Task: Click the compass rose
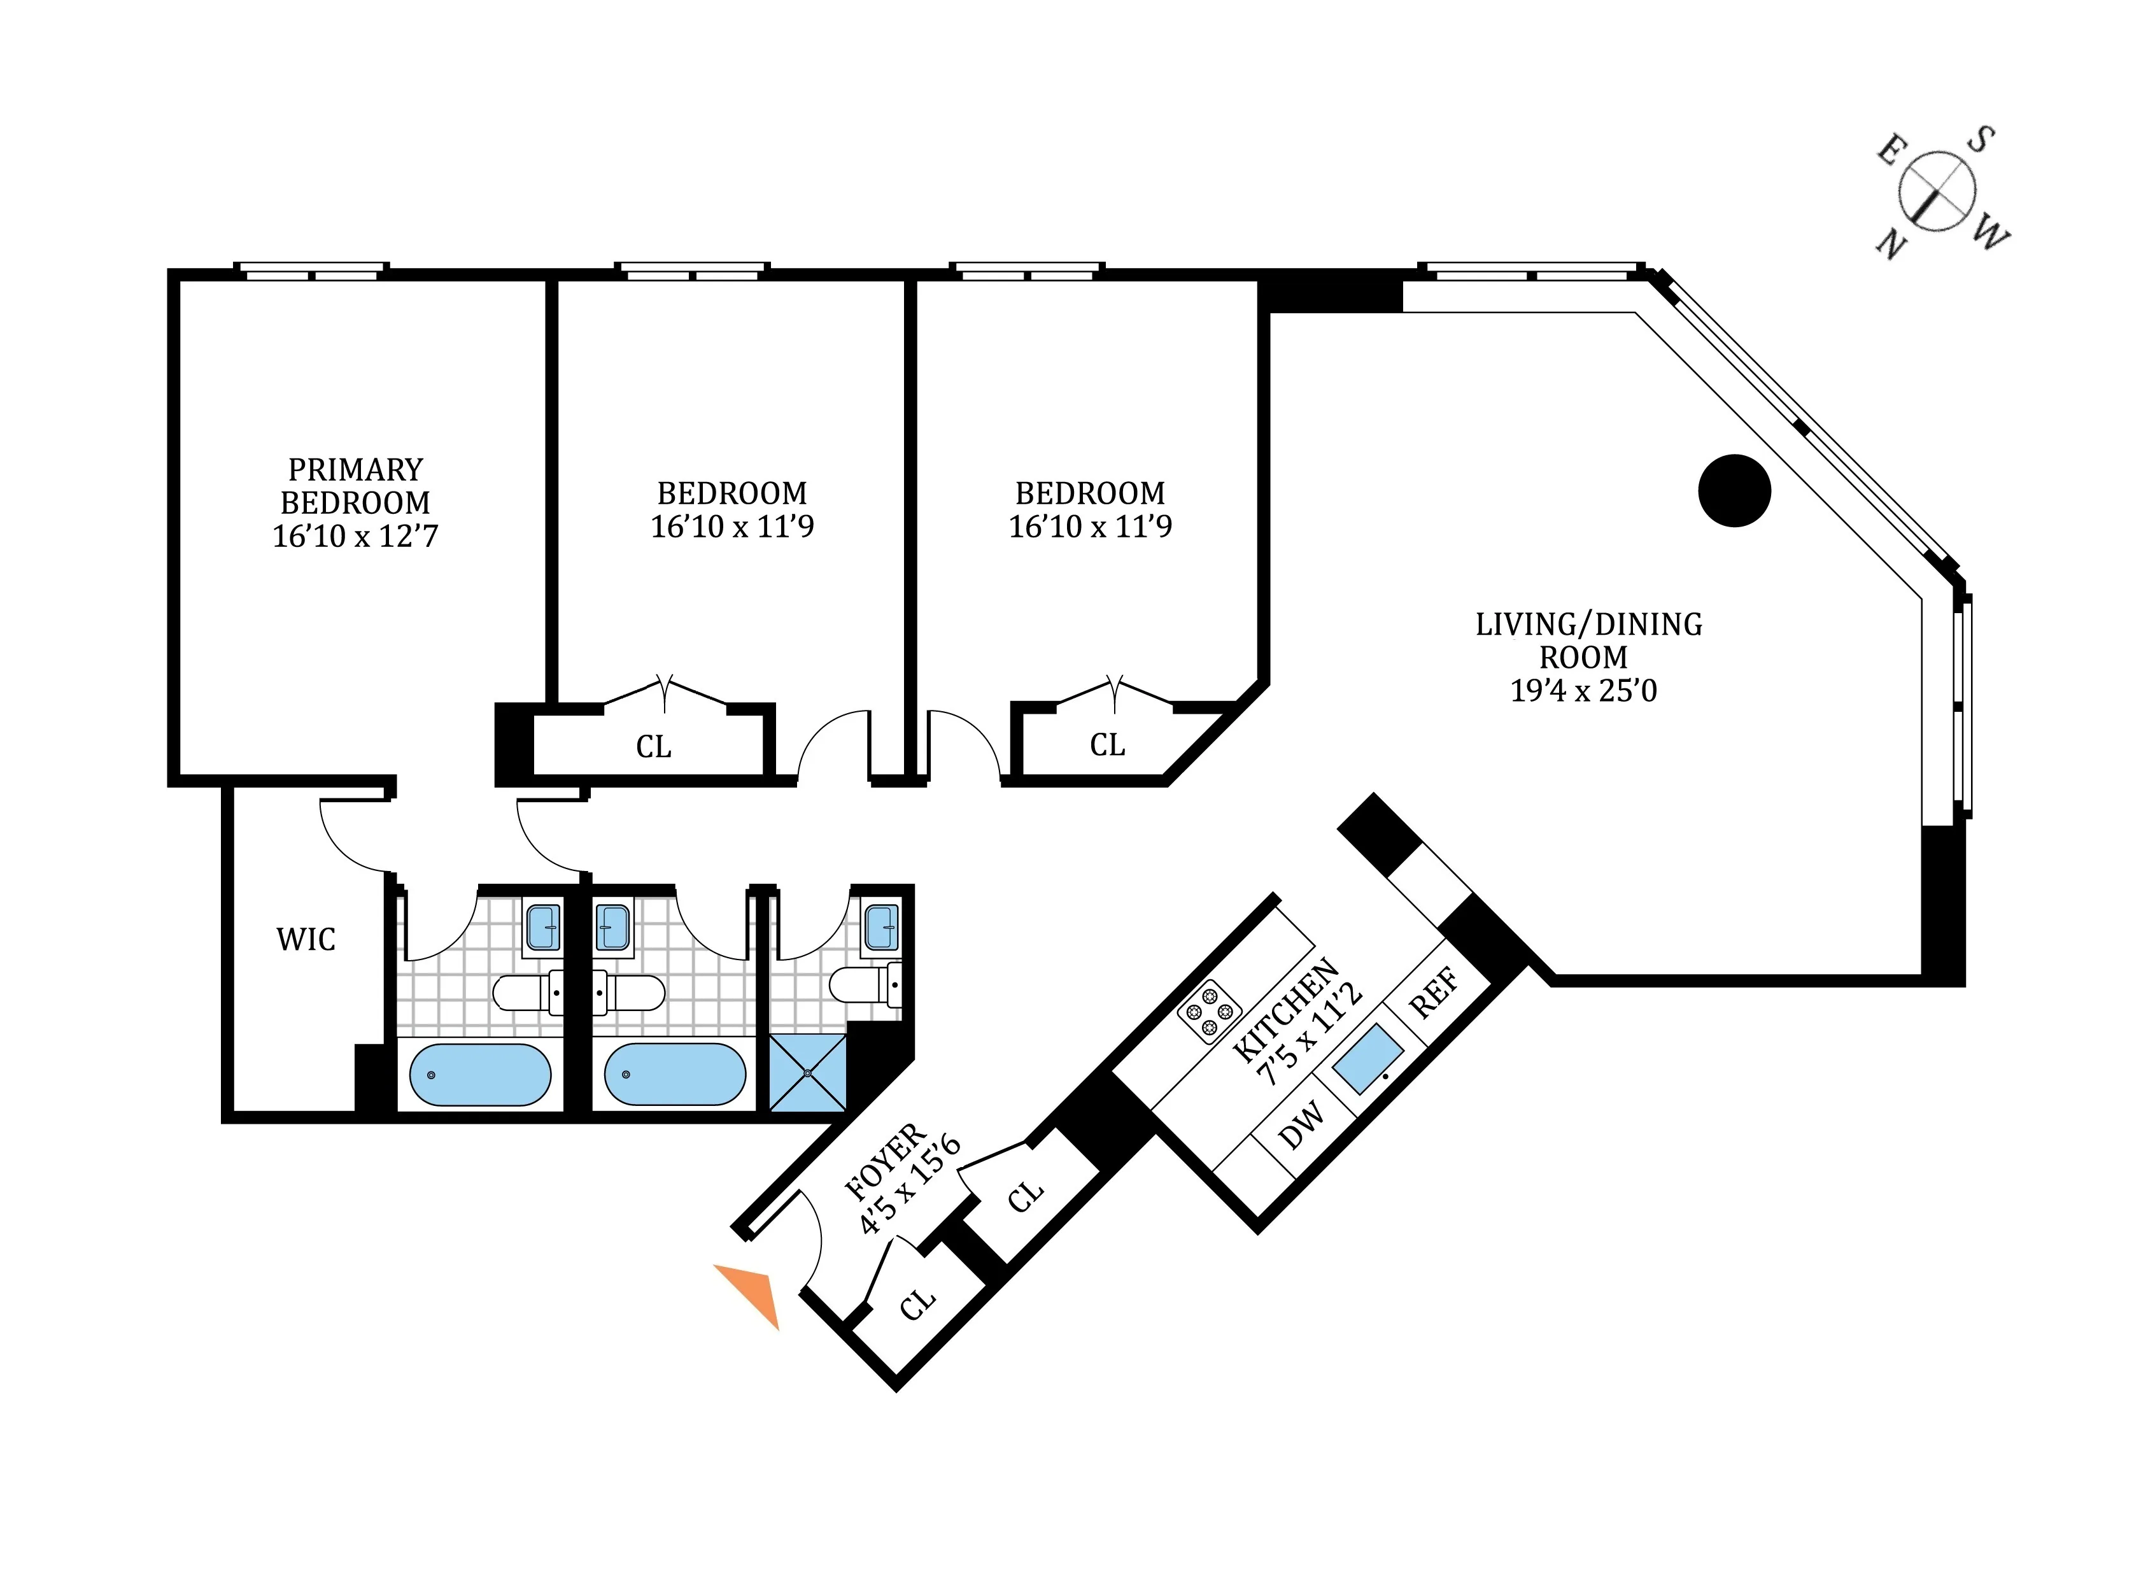point(1936,190)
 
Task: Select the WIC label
point(306,940)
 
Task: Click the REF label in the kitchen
point(1434,993)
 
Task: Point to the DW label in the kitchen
point(1302,1126)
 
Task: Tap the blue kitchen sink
point(1369,1059)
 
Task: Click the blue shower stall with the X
point(807,1072)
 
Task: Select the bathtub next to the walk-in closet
point(480,1074)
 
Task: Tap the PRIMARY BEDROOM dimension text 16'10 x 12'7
point(355,536)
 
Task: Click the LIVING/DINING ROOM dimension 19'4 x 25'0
point(1583,690)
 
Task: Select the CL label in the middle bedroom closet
point(654,746)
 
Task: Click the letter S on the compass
point(1979,141)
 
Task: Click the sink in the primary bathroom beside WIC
point(543,927)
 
